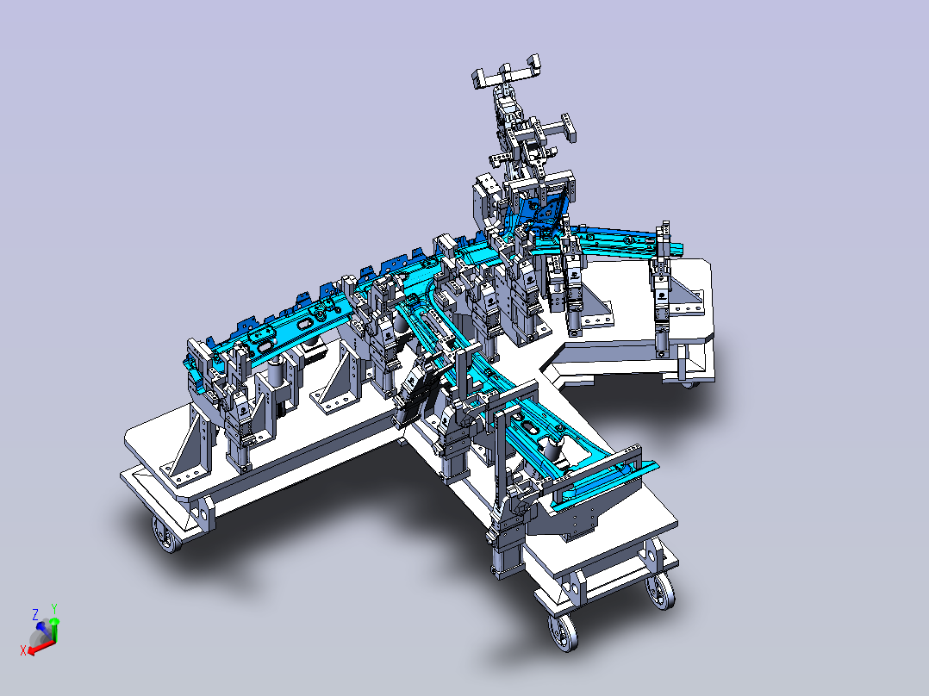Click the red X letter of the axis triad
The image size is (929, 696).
click(23, 650)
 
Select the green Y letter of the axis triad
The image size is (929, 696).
click(54, 608)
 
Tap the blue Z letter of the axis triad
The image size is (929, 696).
click(35, 613)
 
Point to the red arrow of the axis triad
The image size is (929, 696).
click(41, 647)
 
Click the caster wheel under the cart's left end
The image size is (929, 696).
click(165, 534)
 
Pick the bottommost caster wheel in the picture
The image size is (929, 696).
click(564, 632)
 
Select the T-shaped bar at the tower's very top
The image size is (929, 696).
click(507, 72)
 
